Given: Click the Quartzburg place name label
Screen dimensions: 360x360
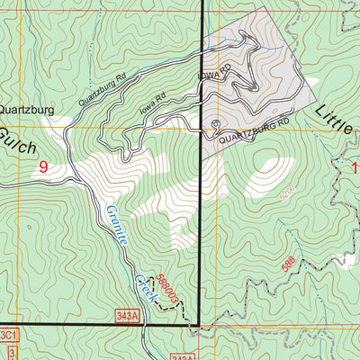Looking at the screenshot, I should click(27, 110).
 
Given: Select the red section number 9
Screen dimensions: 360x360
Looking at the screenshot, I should click(43, 166).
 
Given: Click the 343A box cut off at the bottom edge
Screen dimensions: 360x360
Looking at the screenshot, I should click(182, 356).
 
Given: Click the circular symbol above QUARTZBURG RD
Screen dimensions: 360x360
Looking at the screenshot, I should click(215, 124).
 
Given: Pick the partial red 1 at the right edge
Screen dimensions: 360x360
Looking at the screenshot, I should click(355, 167).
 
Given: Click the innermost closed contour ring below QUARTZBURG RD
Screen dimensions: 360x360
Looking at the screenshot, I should click(270, 167).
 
